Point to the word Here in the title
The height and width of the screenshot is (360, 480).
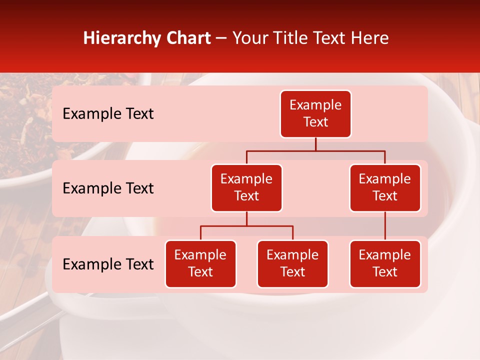tap(370, 38)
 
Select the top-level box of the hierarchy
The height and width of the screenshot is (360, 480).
tap(315, 114)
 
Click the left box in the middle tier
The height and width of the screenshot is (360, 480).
tap(246, 188)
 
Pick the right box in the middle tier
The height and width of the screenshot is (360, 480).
tap(385, 188)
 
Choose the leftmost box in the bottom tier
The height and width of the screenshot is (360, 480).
tap(200, 264)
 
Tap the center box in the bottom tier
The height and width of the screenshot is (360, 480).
tap(292, 264)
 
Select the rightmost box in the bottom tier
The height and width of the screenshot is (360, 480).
tap(385, 264)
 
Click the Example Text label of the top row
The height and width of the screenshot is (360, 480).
tap(108, 114)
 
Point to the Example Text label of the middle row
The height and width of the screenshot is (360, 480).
tap(108, 188)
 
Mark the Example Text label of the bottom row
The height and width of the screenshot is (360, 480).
tap(108, 264)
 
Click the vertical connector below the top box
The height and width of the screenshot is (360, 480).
tap(315, 144)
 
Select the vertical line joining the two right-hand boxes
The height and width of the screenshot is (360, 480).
tap(385, 226)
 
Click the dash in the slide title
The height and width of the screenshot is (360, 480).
tap(221, 38)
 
